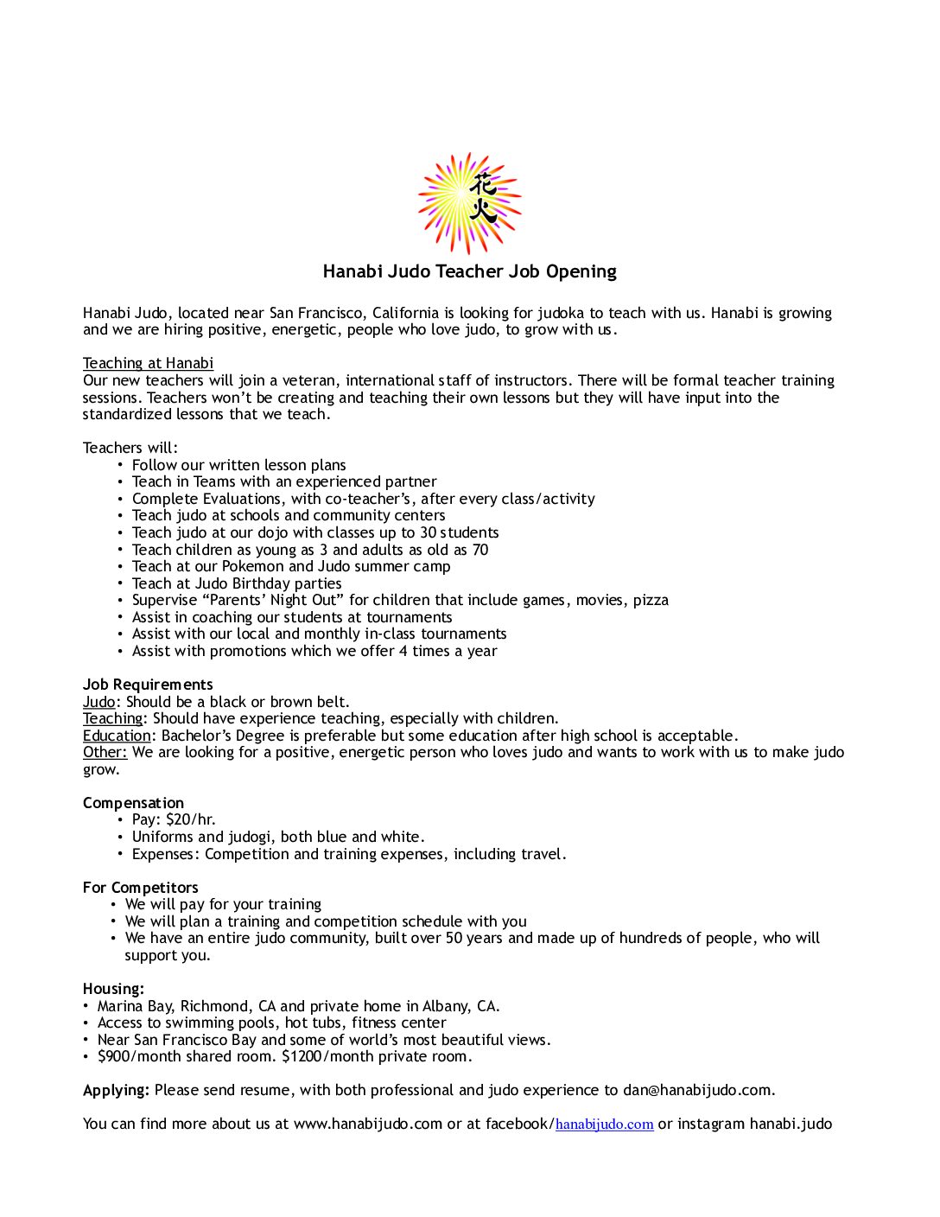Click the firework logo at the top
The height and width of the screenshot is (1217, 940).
tap(469, 203)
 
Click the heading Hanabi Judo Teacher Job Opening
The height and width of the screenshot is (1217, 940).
tap(469, 271)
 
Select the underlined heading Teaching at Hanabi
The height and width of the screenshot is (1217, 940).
tap(148, 363)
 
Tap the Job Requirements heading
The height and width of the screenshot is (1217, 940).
tap(148, 685)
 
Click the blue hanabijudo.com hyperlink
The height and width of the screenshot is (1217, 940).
tap(604, 1124)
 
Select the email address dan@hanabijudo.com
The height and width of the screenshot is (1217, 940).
tap(697, 1090)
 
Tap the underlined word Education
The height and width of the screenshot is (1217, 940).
tap(117, 736)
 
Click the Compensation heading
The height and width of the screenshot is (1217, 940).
tap(133, 803)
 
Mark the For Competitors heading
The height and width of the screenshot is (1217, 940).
tap(140, 888)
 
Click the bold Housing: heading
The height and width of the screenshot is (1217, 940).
tap(113, 989)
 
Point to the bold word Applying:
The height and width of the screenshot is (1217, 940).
tap(116, 1090)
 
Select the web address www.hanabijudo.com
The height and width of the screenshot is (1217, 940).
tap(367, 1124)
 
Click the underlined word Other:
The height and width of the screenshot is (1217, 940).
tap(105, 752)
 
